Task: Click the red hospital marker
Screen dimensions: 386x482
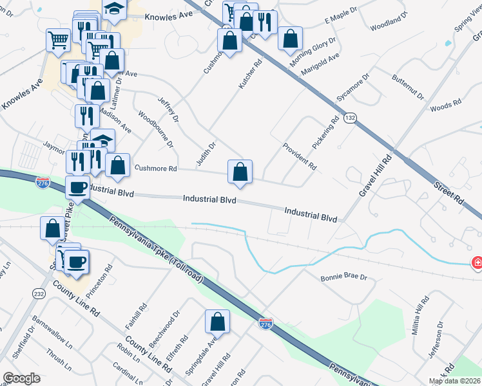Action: pos(477,262)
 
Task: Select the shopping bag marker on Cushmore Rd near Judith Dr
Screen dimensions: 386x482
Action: pos(240,172)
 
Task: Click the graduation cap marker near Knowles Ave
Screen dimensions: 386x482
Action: pos(114,9)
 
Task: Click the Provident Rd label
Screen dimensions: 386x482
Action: pos(299,156)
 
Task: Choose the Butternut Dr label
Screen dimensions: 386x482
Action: pos(408,87)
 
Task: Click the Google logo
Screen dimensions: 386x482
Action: pos(22,378)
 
